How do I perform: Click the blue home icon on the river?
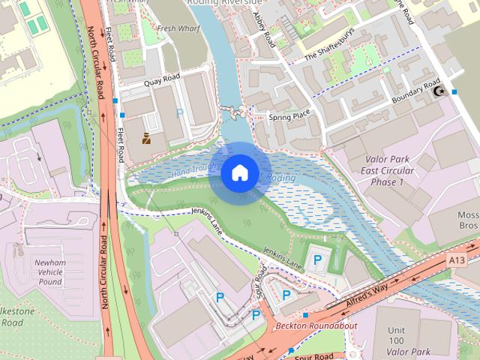[x=239, y=173]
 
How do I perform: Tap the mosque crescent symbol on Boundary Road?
[x=440, y=91]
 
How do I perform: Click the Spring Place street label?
[x=289, y=116]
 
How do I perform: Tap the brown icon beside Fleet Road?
[x=146, y=138]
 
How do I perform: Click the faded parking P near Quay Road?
[x=178, y=113]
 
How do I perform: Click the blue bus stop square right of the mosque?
[x=454, y=91]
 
